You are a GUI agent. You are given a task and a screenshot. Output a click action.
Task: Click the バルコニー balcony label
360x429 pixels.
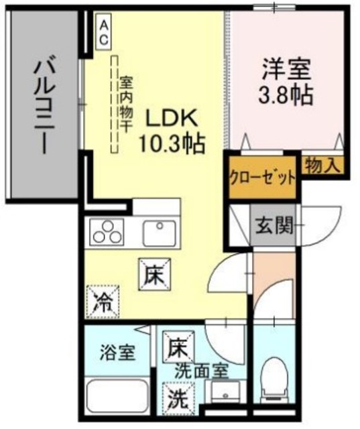(41, 106)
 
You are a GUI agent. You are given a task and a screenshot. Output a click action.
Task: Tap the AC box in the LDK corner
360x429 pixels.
(104, 32)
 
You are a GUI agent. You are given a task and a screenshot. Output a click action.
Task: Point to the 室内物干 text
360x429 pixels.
(125, 103)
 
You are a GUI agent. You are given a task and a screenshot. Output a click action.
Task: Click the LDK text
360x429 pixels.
(171, 119)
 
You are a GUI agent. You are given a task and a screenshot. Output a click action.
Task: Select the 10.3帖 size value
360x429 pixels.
(172, 142)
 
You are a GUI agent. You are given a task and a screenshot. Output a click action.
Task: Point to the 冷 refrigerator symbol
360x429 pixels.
(102, 300)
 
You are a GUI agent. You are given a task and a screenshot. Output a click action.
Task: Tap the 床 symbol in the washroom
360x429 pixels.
(176, 347)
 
